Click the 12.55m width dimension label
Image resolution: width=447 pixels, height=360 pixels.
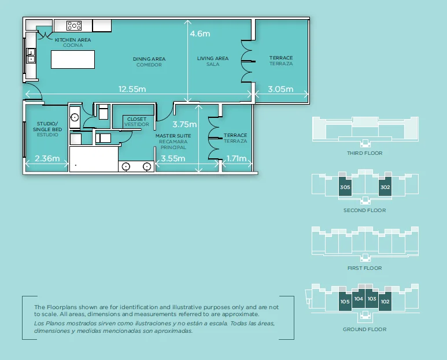[x=132, y=89]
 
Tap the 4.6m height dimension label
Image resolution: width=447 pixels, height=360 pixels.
[x=200, y=34]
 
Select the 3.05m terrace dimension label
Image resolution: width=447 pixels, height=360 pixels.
[x=281, y=89]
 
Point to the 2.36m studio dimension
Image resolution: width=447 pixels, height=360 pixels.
[x=46, y=158]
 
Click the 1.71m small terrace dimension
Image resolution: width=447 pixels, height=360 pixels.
[x=237, y=158]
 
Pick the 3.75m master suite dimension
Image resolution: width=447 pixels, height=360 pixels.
[x=185, y=124]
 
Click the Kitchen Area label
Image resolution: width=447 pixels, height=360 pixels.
[x=73, y=42]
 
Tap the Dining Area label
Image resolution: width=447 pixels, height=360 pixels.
[x=149, y=62]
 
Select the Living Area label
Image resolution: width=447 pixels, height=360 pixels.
[x=213, y=61]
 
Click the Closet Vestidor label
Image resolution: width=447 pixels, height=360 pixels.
[x=136, y=122]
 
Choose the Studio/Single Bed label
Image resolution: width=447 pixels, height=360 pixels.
[x=47, y=129]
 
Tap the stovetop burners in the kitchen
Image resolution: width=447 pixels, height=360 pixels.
[x=74, y=25]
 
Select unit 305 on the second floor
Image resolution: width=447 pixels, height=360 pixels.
[x=345, y=188]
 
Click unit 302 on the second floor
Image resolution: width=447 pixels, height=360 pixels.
[x=385, y=188]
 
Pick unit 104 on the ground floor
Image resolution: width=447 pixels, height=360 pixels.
[x=359, y=299]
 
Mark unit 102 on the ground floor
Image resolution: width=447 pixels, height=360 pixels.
[x=385, y=301]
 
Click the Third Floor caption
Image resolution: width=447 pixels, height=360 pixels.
[x=364, y=153]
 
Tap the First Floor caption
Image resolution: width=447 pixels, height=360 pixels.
[x=364, y=268]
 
